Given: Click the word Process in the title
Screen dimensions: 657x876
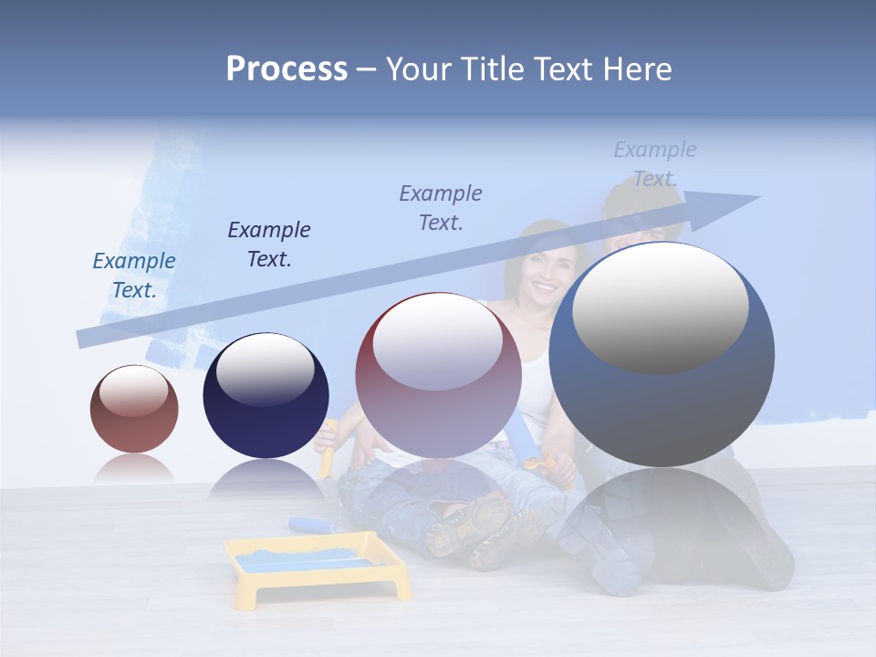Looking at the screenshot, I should (x=287, y=69).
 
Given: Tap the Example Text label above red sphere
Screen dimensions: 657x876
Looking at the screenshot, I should (x=441, y=208).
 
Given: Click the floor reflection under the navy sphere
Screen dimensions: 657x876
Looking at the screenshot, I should (x=265, y=479).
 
